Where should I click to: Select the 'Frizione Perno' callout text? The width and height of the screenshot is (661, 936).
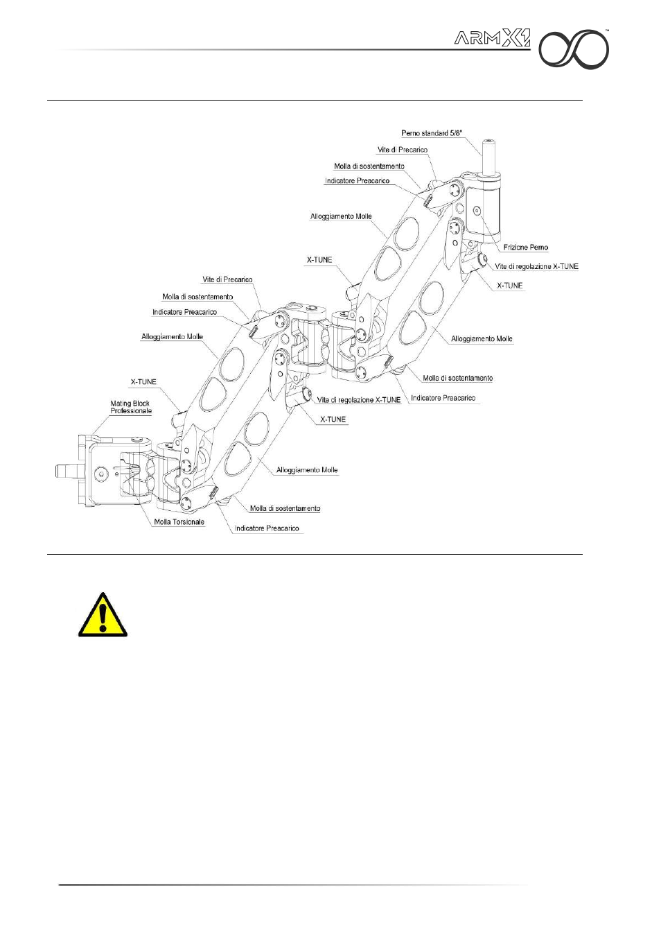525,247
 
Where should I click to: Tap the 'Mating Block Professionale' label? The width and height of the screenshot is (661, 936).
131,407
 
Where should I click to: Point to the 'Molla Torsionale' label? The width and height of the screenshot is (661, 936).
179,521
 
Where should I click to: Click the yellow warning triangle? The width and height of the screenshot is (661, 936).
103,616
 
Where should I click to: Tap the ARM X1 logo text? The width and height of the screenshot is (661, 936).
492,39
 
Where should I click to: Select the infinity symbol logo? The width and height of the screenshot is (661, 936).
574,51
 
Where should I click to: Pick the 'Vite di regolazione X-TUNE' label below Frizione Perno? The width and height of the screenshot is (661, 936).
536,266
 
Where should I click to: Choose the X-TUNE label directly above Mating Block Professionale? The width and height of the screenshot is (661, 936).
143,382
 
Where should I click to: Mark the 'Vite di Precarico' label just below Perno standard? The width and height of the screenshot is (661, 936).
402,150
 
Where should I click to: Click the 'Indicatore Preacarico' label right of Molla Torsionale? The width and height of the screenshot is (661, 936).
267,528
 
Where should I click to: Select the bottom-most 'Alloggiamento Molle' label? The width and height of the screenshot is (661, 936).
307,470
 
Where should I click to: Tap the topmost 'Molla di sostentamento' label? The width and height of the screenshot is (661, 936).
369,166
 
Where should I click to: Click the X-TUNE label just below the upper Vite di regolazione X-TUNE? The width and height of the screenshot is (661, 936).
509,285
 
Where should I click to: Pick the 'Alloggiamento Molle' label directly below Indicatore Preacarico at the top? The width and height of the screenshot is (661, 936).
341,216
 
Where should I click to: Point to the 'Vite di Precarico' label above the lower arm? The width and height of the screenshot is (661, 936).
227,279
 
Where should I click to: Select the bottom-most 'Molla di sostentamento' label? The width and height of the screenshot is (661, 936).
285,508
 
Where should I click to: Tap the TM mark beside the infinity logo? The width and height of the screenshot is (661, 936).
608,31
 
